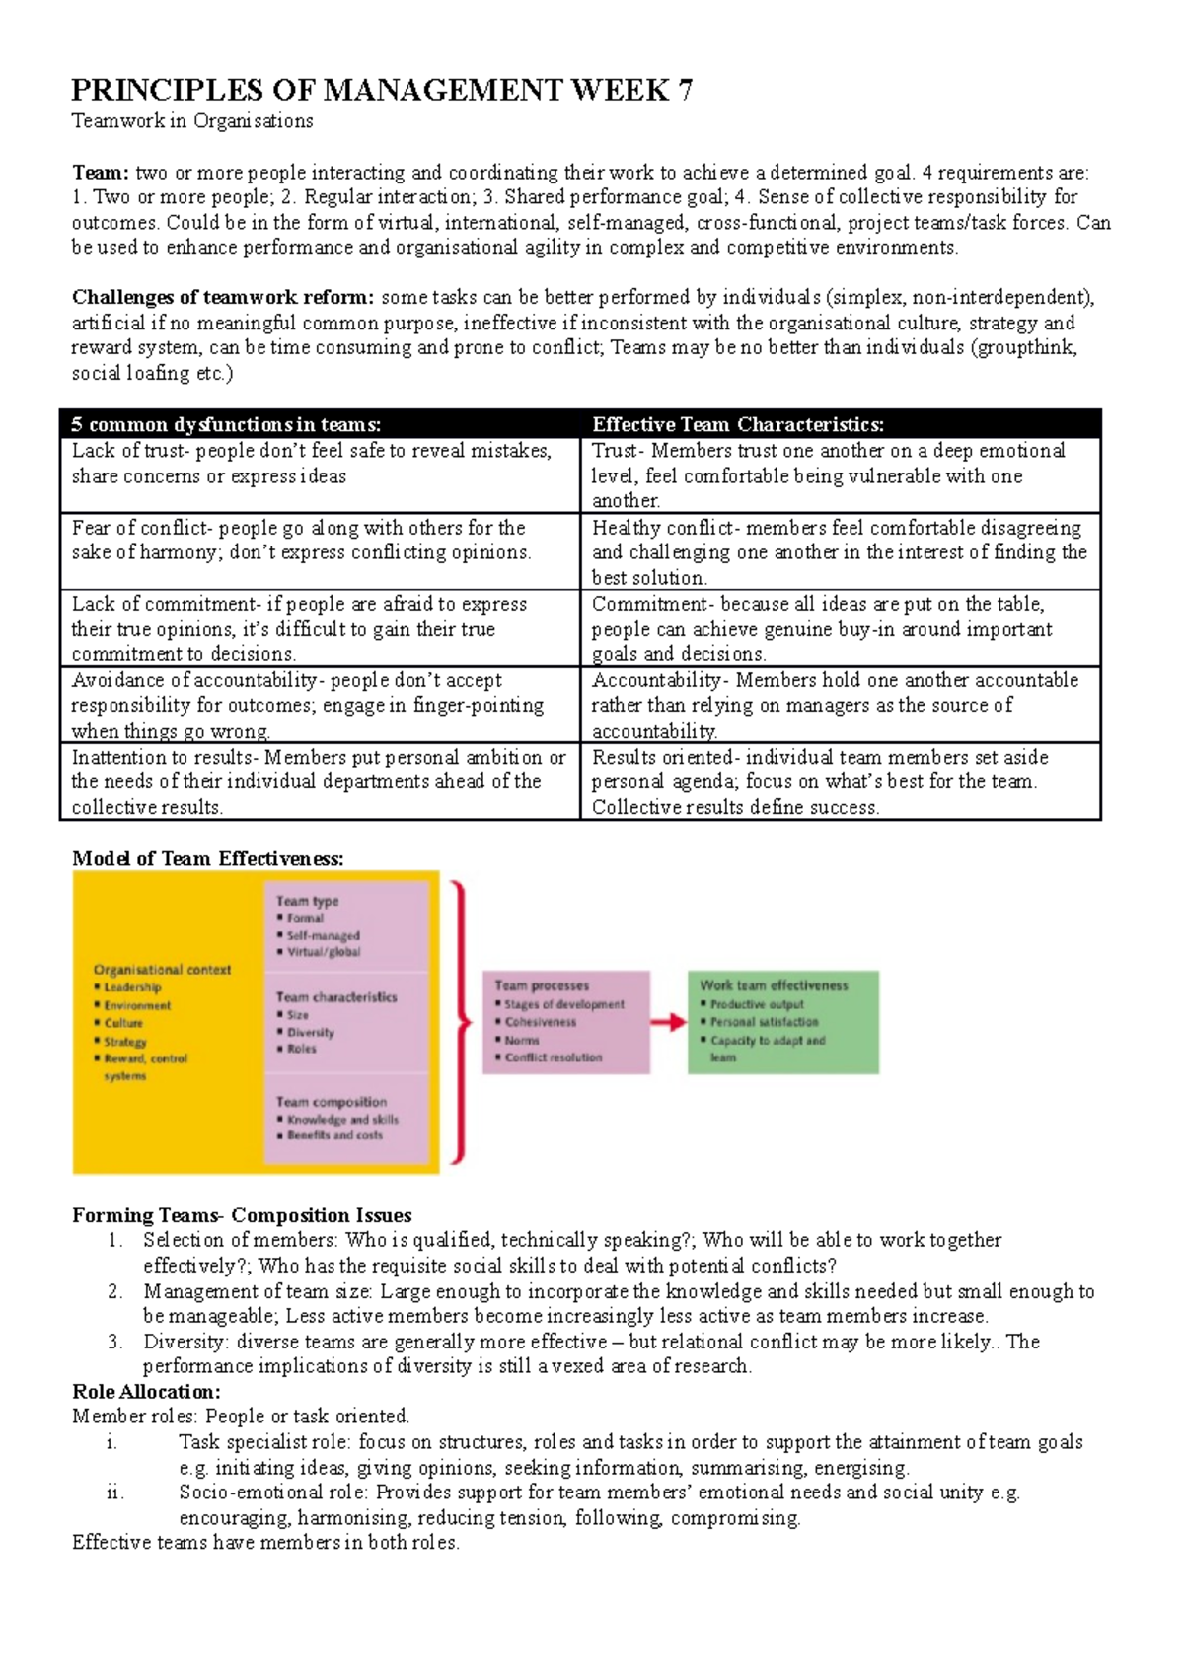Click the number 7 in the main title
pyautogui.click(x=684, y=91)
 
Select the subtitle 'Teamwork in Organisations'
pyautogui.click(x=192, y=121)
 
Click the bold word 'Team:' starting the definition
pyautogui.click(x=100, y=173)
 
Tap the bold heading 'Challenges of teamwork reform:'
pyautogui.click(x=223, y=297)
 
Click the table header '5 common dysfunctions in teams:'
pyautogui.click(x=225, y=425)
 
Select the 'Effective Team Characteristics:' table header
pyautogui.click(x=737, y=425)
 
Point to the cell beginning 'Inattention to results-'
pyautogui.click(x=318, y=781)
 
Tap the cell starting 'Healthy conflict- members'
pyautogui.click(x=839, y=552)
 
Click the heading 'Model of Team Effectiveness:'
pyautogui.click(x=207, y=858)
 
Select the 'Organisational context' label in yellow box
pyautogui.click(x=162, y=970)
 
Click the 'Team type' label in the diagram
pyautogui.click(x=307, y=901)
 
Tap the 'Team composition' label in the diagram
pyautogui.click(x=331, y=1102)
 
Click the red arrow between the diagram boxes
pyautogui.click(x=668, y=1022)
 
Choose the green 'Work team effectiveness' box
pyautogui.click(x=782, y=1021)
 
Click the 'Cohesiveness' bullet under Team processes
pyautogui.click(x=541, y=1022)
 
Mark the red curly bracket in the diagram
pyautogui.click(x=458, y=1022)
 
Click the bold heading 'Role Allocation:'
pyautogui.click(x=146, y=1392)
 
